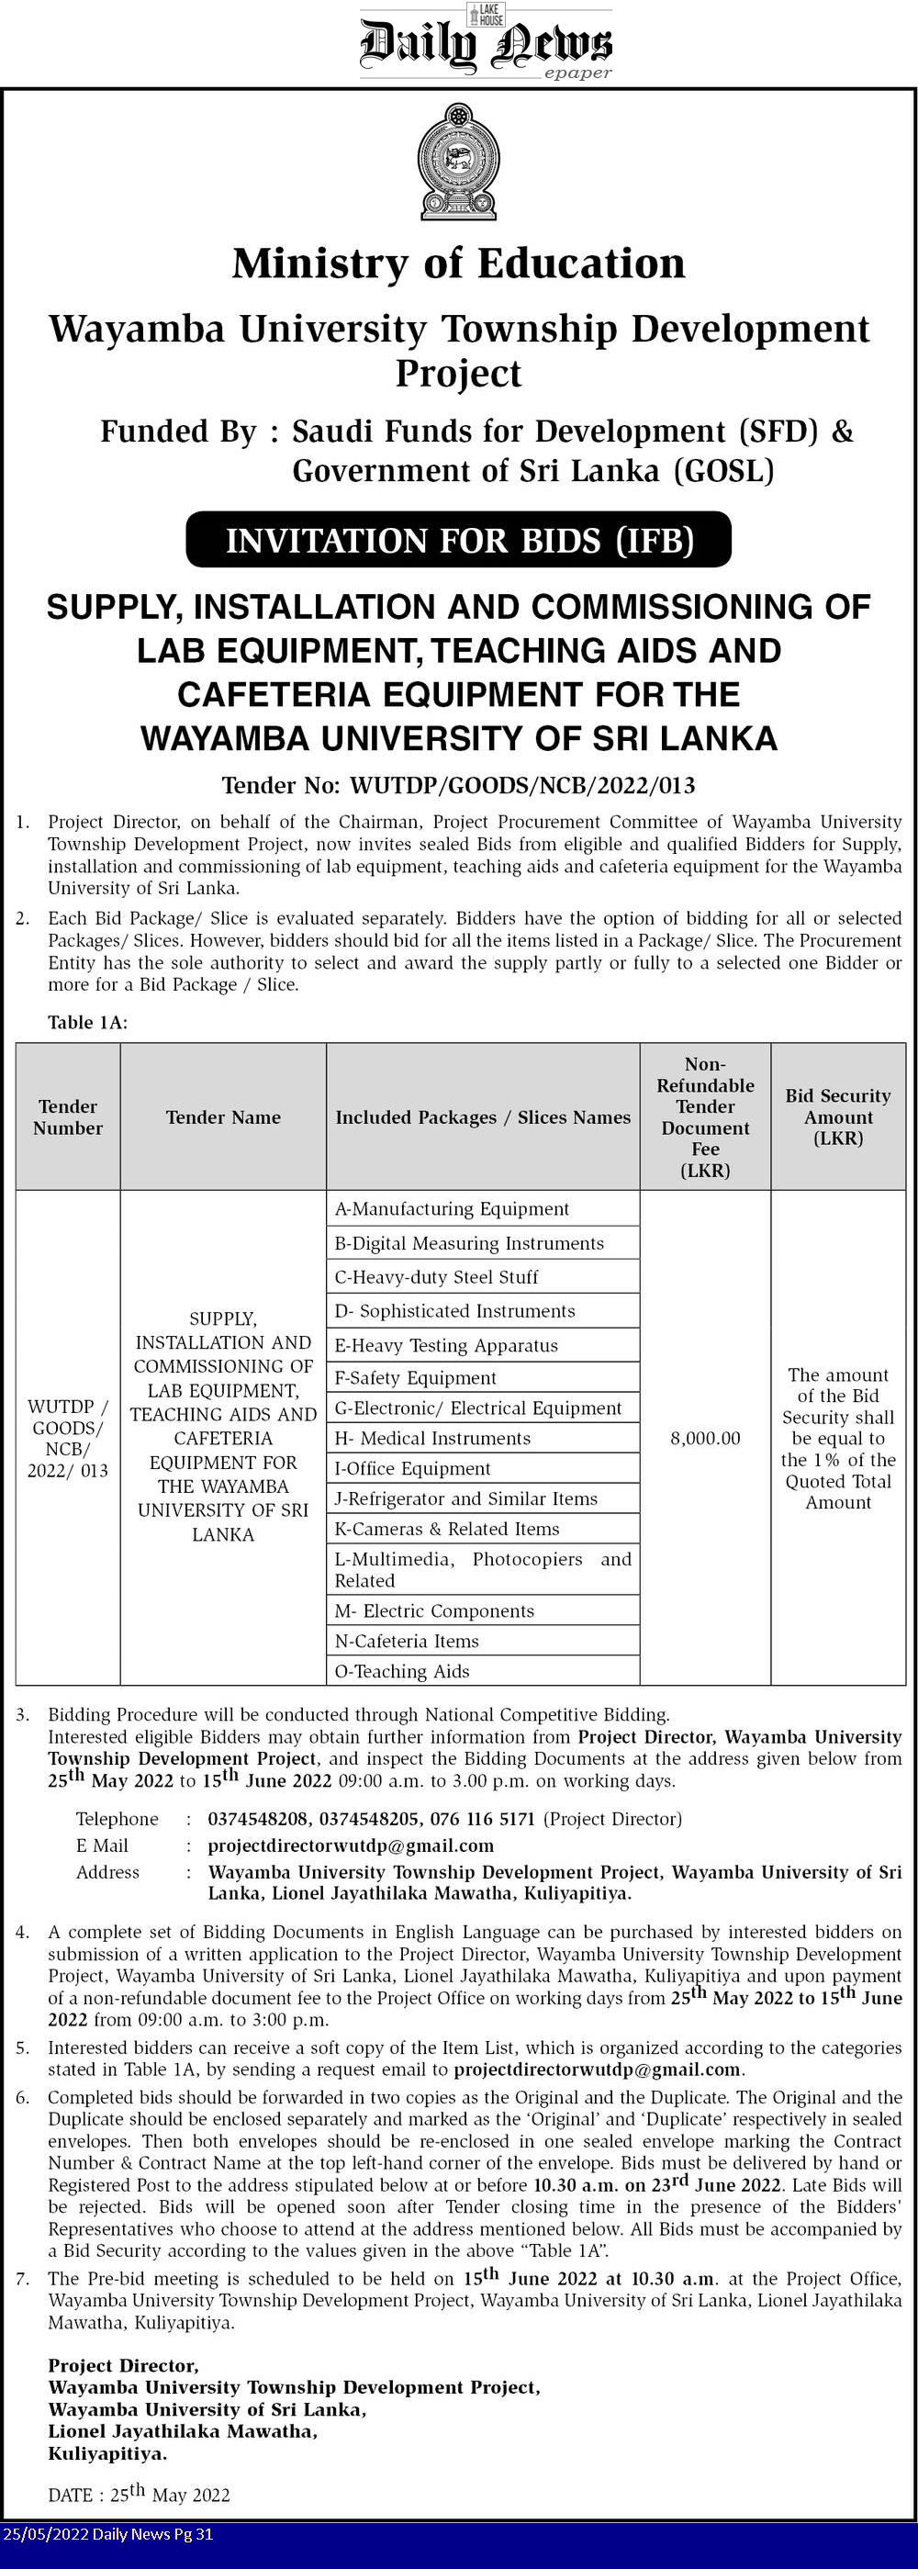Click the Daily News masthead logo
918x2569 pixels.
(486, 43)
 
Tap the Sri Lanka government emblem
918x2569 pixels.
(458, 162)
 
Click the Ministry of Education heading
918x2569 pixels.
(458, 264)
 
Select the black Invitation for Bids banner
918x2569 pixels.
(458, 540)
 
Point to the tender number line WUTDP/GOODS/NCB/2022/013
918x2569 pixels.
(458, 786)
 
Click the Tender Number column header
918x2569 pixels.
(68, 1117)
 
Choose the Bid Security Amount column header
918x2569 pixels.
(837, 1117)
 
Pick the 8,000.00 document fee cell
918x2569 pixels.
(705, 1438)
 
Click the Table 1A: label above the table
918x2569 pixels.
(88, 1022)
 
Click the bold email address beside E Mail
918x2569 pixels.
(351, 1846)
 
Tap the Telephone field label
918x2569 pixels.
(117, 1819)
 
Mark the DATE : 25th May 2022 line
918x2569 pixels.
(139, 2495)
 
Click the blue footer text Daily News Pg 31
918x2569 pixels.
(107, 2534)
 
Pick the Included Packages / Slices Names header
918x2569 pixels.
(483, 1117)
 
